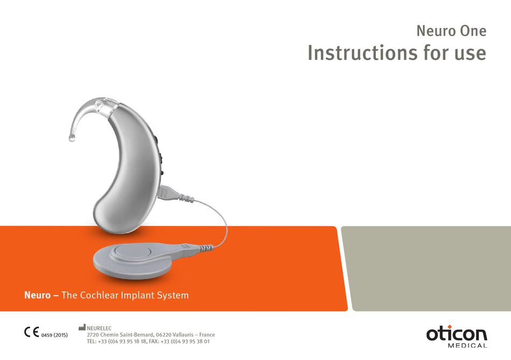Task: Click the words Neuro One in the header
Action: pyautogui.click(x=451, y=31)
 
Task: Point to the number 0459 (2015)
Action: pyautogui.click(x=54, y=335)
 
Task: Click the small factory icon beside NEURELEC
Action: pyautogui.click(x=82, y=327)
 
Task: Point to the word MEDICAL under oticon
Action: pyautogui.click(x=466, y=345)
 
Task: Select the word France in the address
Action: pyautogui.click(x=207, y=334)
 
